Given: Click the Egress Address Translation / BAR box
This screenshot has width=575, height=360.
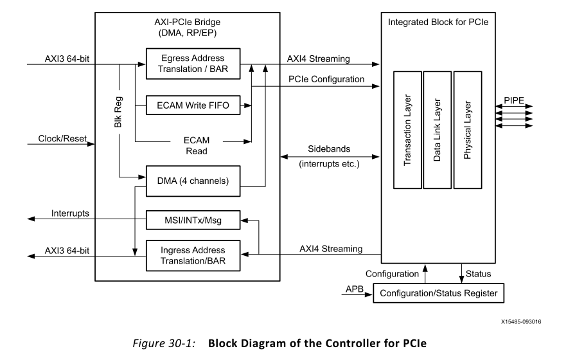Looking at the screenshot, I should point(193,65).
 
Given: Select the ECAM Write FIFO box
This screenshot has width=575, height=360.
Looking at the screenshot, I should point(193,104).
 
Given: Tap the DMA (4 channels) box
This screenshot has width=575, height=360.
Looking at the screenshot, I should point(193,181).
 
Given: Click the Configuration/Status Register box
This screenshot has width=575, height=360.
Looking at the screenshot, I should point(438,293).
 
